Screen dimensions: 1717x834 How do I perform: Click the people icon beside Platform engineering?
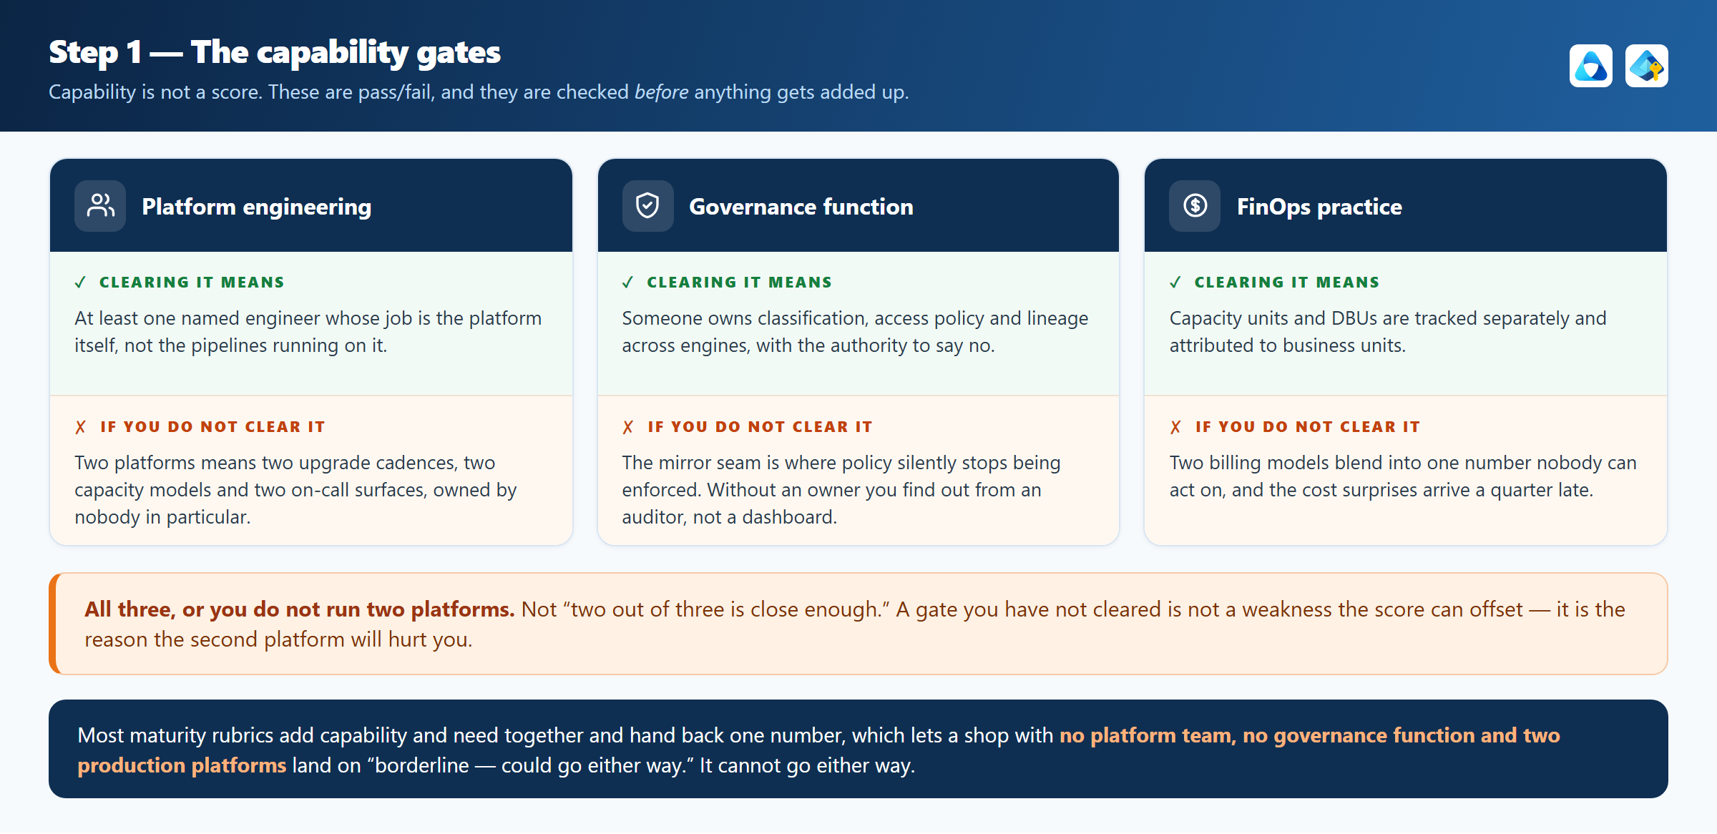(x=100, y=206)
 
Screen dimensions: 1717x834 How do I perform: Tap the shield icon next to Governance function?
(x=647, y=206)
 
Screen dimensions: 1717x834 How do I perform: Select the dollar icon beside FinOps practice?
(x=1195, y=206)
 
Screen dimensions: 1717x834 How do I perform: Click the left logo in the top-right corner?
(x=1590, y=66)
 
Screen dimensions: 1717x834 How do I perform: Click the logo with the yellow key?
(x=1646, y=66)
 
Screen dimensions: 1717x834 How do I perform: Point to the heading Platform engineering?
(x=256, y=207)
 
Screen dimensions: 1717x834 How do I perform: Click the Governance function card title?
(x=801, y=207)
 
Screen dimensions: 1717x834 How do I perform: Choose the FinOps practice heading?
(x=1319, y=207)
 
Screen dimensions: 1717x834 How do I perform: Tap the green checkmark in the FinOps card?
(x=1175, y=283)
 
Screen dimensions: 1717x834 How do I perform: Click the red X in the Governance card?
(x=628, y=427)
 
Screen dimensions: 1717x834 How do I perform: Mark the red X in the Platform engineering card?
(x=80, y=427)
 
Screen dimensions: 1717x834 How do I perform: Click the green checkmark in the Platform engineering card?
(x=80, y=283)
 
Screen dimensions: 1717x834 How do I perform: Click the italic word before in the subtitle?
(x=661, y=92)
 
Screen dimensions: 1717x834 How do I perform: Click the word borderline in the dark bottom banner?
(x=422, y=765)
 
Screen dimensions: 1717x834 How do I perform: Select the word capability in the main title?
(x=332, y=53)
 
